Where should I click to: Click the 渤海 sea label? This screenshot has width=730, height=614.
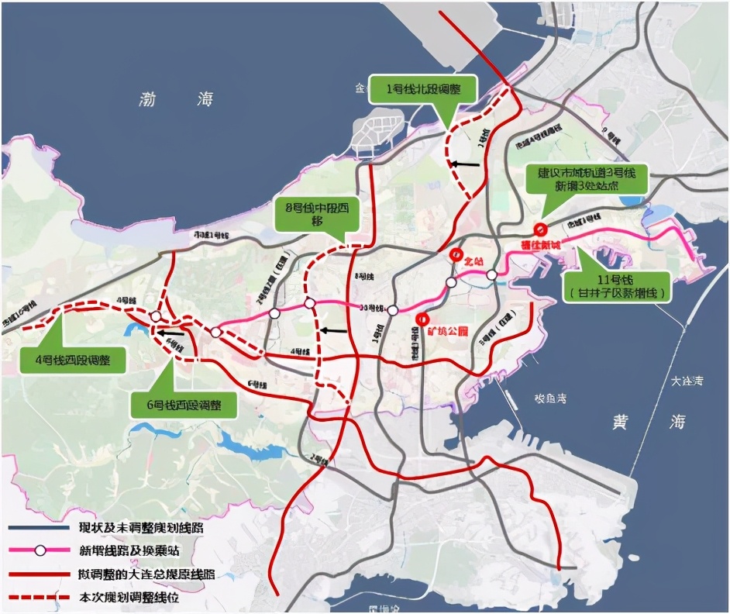[177, 99]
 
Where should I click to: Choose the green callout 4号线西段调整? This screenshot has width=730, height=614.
[74, 360]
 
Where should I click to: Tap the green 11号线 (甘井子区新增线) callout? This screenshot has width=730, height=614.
[617, 285]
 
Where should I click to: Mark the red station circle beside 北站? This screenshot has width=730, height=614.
[456, 255]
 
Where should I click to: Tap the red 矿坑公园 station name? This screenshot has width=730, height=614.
[448, 331]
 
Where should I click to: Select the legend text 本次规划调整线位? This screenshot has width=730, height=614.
[144, 598]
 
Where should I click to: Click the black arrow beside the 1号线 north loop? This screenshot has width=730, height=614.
[466, 164]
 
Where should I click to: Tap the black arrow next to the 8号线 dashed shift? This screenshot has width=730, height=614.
[334, 330]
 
